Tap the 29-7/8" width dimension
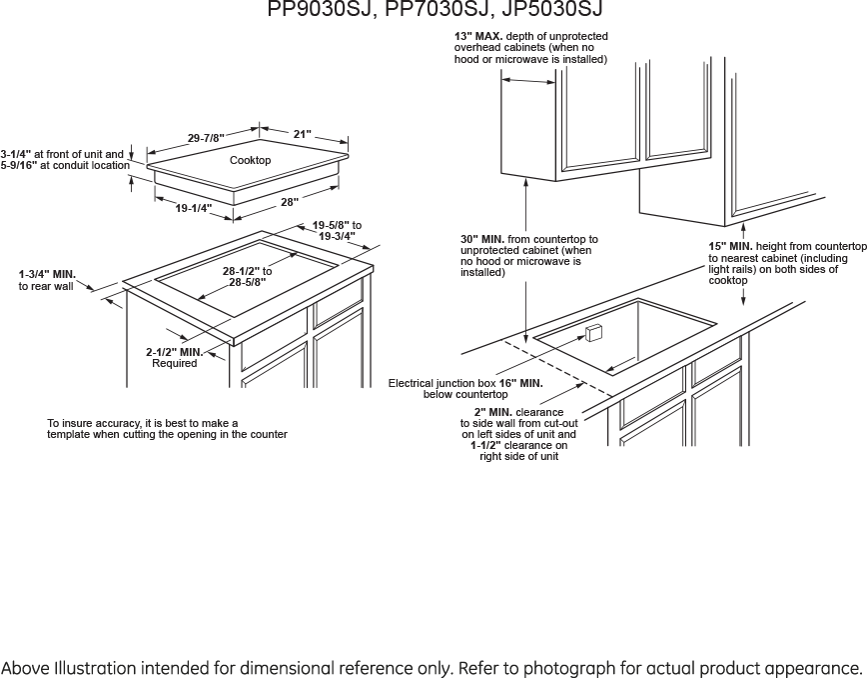(206, 138)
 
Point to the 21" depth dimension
(303, 134)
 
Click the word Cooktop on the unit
(250, 160)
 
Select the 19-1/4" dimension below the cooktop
(194, 208)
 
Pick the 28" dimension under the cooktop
(290, 202)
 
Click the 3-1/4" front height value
(16, 154)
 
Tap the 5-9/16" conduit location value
(18, 165)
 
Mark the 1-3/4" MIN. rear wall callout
(47, 280)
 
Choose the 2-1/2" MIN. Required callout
(174, 358)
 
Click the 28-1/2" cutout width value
(242, 271)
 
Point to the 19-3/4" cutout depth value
(337, 236)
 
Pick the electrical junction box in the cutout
(593, 334)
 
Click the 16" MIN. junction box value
(520, 383)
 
